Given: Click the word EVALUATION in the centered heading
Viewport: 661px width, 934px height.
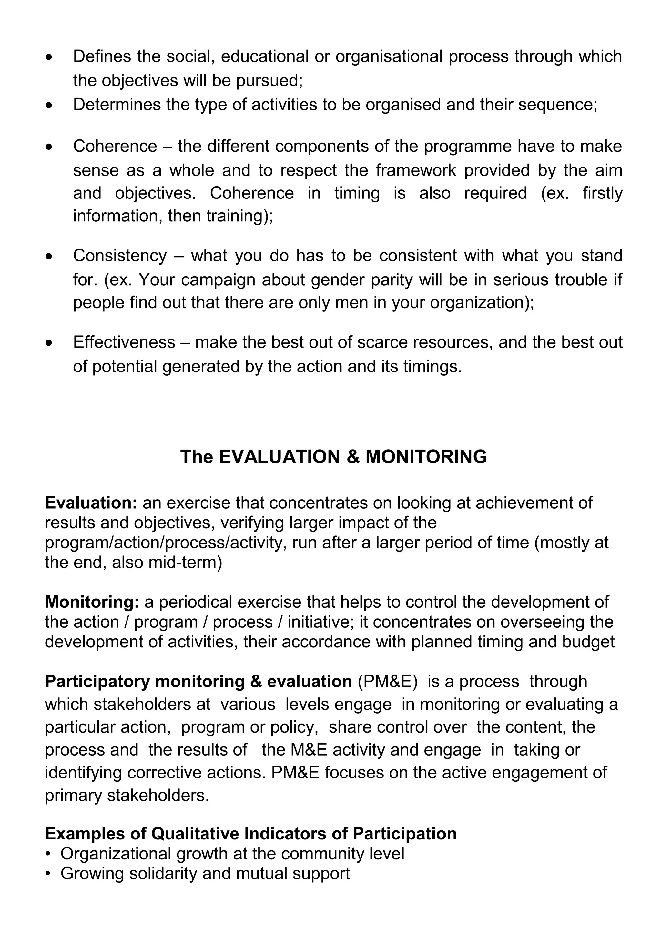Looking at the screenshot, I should [279, 457].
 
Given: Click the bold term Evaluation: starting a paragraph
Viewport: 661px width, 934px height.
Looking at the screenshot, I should [91, 503].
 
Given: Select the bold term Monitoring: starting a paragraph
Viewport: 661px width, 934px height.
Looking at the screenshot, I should [92, 602].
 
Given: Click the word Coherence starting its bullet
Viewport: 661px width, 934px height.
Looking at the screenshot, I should [115, 146].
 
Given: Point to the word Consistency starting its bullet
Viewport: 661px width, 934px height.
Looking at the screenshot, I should [120, 256].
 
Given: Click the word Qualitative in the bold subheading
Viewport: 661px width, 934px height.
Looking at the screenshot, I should [195, 834].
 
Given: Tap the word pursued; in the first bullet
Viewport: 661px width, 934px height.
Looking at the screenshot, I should [269, 81].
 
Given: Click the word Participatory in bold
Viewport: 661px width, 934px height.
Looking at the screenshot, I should [97, 682].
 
